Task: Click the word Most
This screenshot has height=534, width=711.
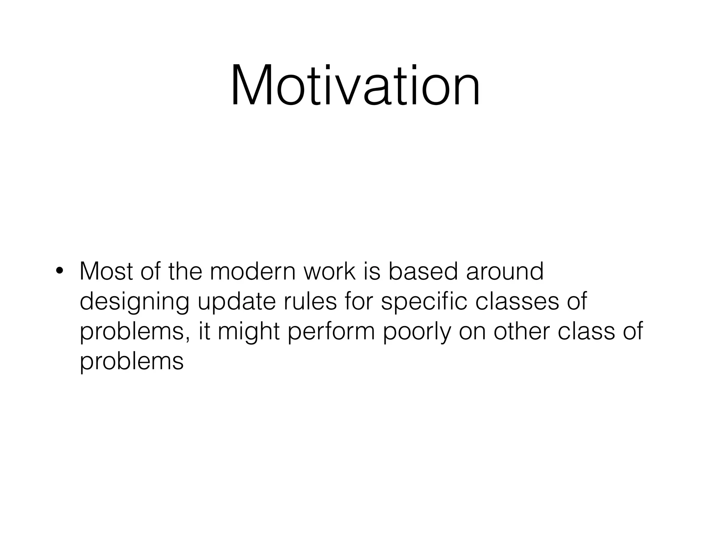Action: tap(106, 271)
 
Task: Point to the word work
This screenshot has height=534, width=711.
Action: tap(330, 271)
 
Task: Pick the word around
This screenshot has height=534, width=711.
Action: tap(504, 271)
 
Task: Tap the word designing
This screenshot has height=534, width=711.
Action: tap(135, 302)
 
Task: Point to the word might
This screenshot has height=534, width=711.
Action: tap(249, 332)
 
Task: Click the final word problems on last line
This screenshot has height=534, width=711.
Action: tap(132, 362)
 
